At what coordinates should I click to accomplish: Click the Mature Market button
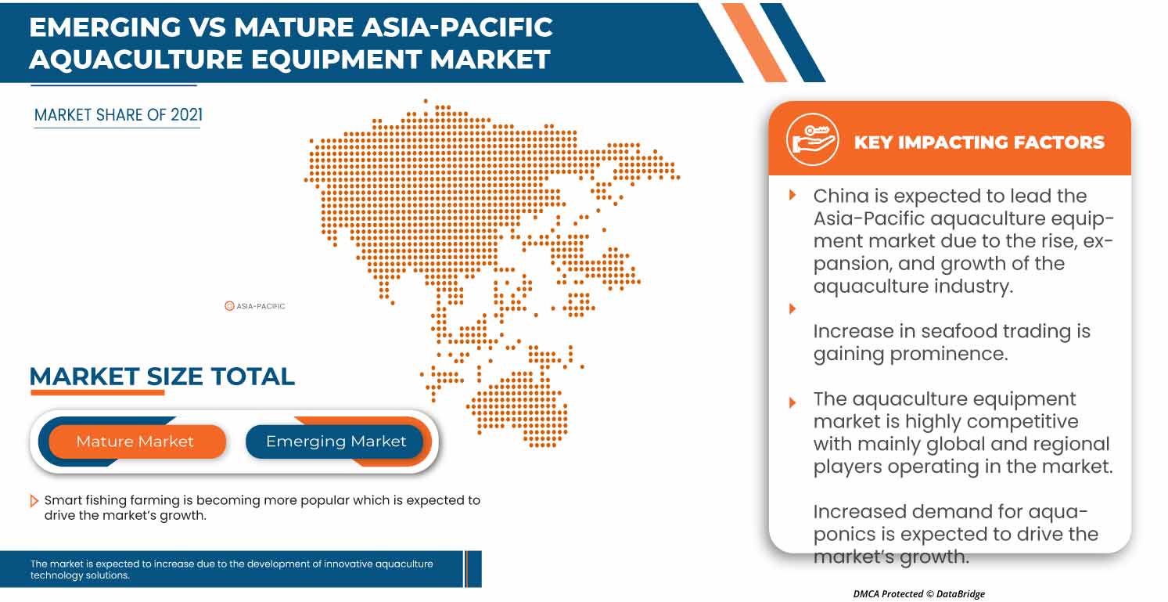point(135,442)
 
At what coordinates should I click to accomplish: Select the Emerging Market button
point(336,442)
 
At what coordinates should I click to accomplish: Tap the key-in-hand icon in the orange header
point(813,139)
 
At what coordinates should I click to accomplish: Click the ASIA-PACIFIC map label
point(261,306)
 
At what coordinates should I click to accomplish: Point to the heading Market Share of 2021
point(118,115)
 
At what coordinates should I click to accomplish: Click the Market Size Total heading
point(162,377)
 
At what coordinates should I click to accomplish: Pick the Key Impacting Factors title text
point(979,142)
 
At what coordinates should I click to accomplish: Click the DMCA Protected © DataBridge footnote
point(918,594)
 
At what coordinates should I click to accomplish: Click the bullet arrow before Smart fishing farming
point(34,500)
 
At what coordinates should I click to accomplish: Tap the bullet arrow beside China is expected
point(792,195)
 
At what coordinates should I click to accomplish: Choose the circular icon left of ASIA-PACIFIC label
point(229,306)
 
